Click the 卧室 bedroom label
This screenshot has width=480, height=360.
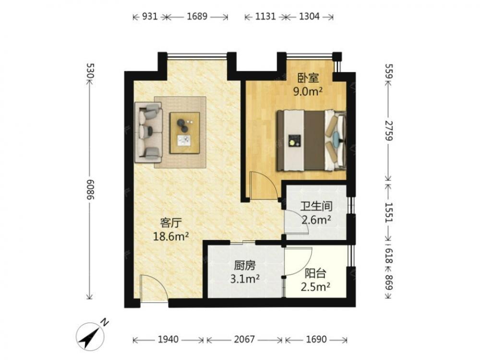[x=308, y=78]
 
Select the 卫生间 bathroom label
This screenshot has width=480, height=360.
[x=316, y=206]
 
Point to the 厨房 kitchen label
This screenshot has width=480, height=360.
[x=245, y=265]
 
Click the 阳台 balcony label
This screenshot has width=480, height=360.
[x=315, y=274]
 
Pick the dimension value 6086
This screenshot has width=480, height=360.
[x=90, y=189]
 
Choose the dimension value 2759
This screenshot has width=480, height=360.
[x=389, y=131]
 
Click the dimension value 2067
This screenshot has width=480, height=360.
[x=244, y=339]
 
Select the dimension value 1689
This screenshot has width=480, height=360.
[x=197, y=16]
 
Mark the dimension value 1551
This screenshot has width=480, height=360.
[x=389, y=212]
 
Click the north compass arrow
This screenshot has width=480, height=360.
[x=90, y=336]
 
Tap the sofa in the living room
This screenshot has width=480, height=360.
[x=149, y=132]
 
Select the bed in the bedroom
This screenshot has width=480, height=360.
[x=312, y=140]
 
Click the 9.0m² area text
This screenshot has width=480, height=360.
[x=308, y=91]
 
